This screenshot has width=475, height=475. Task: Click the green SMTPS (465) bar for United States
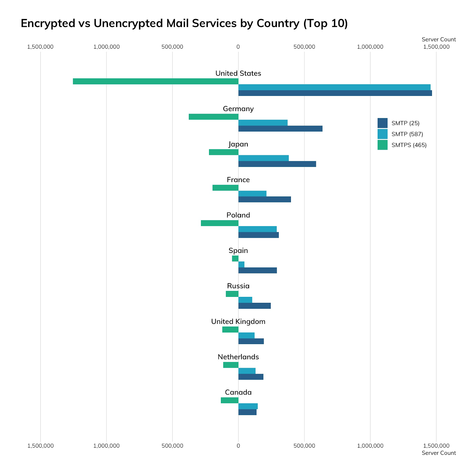[156, 81]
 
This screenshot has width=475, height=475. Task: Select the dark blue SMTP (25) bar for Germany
[280, 129]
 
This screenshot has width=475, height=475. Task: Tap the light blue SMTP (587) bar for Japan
[263, 158]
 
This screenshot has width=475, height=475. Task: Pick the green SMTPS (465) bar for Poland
[220, 223]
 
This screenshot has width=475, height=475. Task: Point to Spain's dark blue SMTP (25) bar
[257, 270]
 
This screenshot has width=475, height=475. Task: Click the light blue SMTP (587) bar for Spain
[241, 265]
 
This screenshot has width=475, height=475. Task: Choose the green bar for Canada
[229, 400]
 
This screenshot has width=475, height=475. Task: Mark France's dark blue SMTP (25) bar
[265, 199]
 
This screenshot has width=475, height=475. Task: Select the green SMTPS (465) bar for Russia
[232, 294]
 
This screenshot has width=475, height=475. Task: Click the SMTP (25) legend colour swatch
[382, 123]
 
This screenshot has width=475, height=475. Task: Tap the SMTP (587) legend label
[407, 134]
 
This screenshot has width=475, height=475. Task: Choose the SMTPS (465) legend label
[409, 145]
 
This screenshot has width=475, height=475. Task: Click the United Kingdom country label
[238, 322]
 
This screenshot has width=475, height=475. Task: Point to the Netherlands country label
[238, 357]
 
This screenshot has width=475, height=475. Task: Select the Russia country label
[238, 286]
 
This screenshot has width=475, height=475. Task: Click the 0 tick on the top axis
[238, 47]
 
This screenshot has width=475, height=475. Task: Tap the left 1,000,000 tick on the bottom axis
[106, 446]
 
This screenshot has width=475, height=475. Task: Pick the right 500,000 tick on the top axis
[304, 47]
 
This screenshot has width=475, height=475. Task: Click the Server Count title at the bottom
[438, 453]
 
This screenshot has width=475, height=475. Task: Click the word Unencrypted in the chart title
[129, 23]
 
